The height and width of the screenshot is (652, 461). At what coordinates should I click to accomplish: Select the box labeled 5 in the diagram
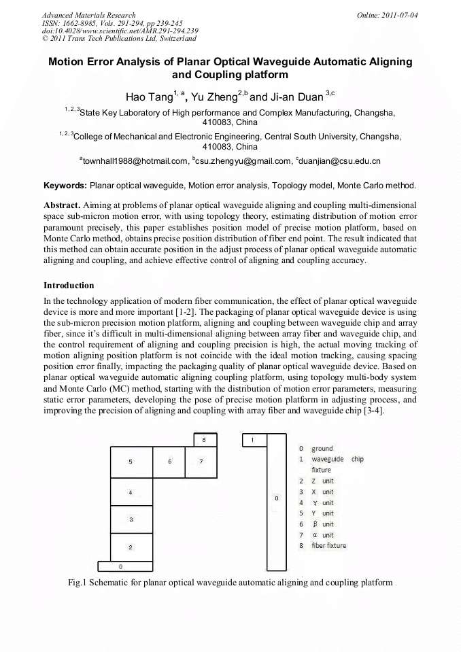(131, 462)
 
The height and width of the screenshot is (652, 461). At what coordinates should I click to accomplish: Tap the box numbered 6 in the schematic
(170, 462)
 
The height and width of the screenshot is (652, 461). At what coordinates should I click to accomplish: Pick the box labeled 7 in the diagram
(201, 462)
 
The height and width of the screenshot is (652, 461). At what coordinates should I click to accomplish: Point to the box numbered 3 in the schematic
(131, 519)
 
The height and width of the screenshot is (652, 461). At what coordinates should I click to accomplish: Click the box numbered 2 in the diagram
(131, 547)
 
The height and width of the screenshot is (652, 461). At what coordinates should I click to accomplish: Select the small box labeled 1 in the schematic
(254, 440)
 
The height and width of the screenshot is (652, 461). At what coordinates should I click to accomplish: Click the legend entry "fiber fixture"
(328, 545)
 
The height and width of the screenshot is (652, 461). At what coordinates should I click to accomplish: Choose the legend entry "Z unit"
(322, 481)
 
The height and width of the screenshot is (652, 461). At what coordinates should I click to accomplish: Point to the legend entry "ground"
(322, 449)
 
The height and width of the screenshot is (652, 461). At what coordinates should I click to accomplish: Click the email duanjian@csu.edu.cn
(338, 161)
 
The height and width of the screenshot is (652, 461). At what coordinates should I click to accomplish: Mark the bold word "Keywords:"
(65, 185)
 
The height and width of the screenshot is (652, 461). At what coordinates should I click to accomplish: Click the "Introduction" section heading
(69, 285)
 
